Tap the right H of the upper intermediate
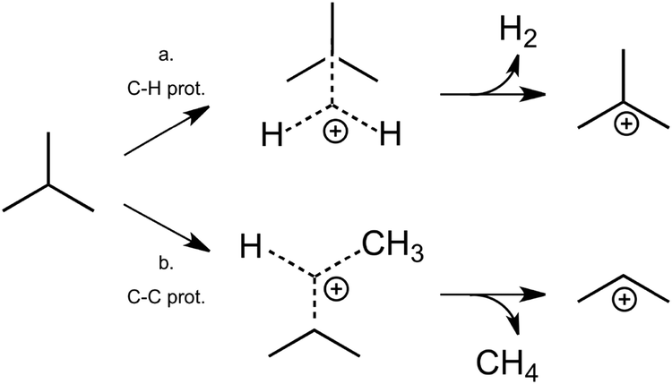pos(391,136)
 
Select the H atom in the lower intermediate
pos(250,243)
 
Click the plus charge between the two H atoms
pos(332,132)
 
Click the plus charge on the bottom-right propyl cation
pos(625,303)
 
